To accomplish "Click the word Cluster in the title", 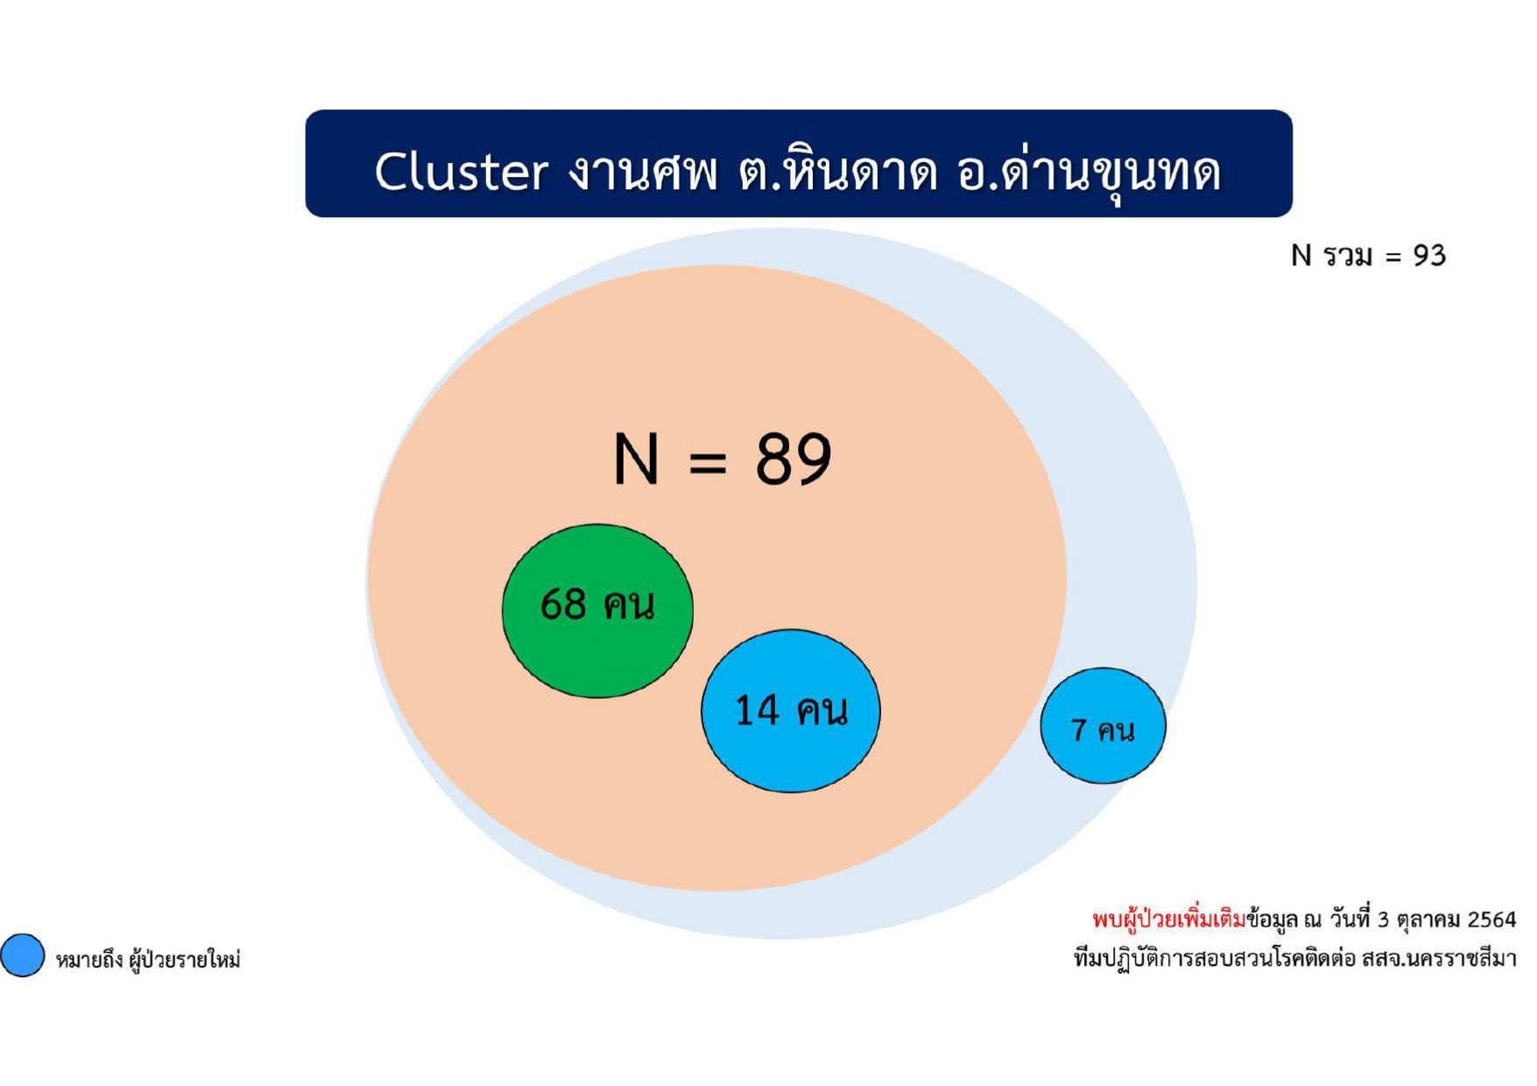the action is (462, 171).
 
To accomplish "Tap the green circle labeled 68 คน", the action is (597, 610).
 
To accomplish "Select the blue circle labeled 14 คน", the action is (791, 710).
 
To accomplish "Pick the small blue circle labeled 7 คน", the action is (1103, 725).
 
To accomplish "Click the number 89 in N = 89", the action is (793, 458).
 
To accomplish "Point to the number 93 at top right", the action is (1429, 255).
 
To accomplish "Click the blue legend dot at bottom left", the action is (23, 955).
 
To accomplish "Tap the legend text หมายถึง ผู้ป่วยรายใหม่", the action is (148, 960).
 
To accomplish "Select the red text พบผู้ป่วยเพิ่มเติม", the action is (1168, 920).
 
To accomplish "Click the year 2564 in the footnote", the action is (1491, 920).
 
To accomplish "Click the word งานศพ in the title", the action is (642, 171).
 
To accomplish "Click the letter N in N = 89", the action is (636, 458).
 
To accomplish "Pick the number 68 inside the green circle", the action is (563, 603).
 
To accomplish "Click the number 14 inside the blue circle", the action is (757, 709).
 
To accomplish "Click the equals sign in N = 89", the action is (708, 461).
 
